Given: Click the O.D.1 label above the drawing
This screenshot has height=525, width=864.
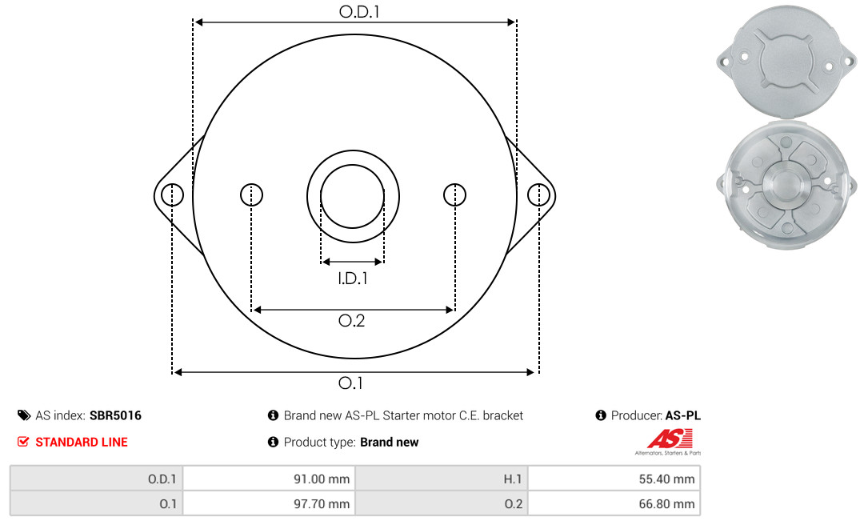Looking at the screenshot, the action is tap(359, 11).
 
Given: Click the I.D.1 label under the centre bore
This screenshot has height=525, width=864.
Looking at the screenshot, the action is tap(353, 279).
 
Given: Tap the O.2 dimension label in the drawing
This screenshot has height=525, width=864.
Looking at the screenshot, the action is tap(351, 320).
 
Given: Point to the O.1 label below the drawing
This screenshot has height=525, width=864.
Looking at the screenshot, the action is tap(350, 383).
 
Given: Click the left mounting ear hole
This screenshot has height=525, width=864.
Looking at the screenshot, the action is tap(173, 195).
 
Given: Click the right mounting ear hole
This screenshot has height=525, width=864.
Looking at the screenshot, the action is tap(538, 195).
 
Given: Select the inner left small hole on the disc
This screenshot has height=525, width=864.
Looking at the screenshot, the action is tap(252, 194).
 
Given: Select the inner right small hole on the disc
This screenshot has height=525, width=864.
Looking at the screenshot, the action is tap(454, 194).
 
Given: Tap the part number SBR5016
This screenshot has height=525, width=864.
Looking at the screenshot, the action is tap(115, 415).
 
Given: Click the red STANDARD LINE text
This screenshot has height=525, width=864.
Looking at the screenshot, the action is tap(82, 442).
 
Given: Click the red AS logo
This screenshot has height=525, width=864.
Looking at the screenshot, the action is tap(670, 439).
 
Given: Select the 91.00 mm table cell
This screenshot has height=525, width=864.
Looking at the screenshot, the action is tap(269, 479).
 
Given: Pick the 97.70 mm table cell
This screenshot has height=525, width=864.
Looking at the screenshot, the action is tap(269, 503).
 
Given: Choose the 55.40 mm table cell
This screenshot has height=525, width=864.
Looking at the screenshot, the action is tap(614, 479).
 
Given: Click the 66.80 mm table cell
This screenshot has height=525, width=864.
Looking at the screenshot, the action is tap(614, 503).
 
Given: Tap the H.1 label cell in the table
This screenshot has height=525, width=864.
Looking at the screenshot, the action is tap(442, 479).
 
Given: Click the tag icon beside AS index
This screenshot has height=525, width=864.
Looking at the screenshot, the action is tap(24, 415).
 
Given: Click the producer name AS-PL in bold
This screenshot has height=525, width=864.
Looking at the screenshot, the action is tap(682, 415).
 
